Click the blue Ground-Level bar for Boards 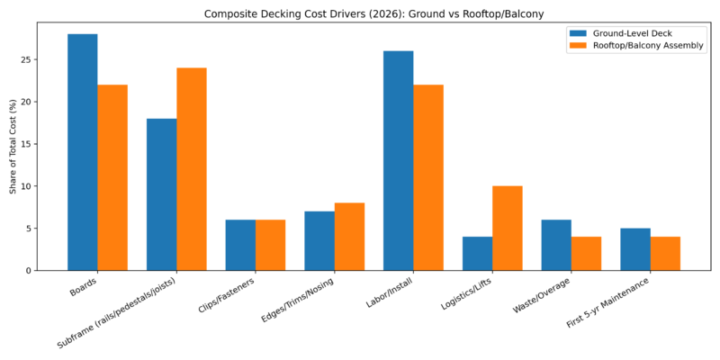(x=83, y=152)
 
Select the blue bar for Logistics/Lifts (x=477, y=253)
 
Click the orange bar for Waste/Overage (x=586, y=253)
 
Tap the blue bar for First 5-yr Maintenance (x=635, y=249)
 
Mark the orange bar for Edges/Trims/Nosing (x=349, y=237)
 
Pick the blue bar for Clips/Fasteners (x=240, y=245)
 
